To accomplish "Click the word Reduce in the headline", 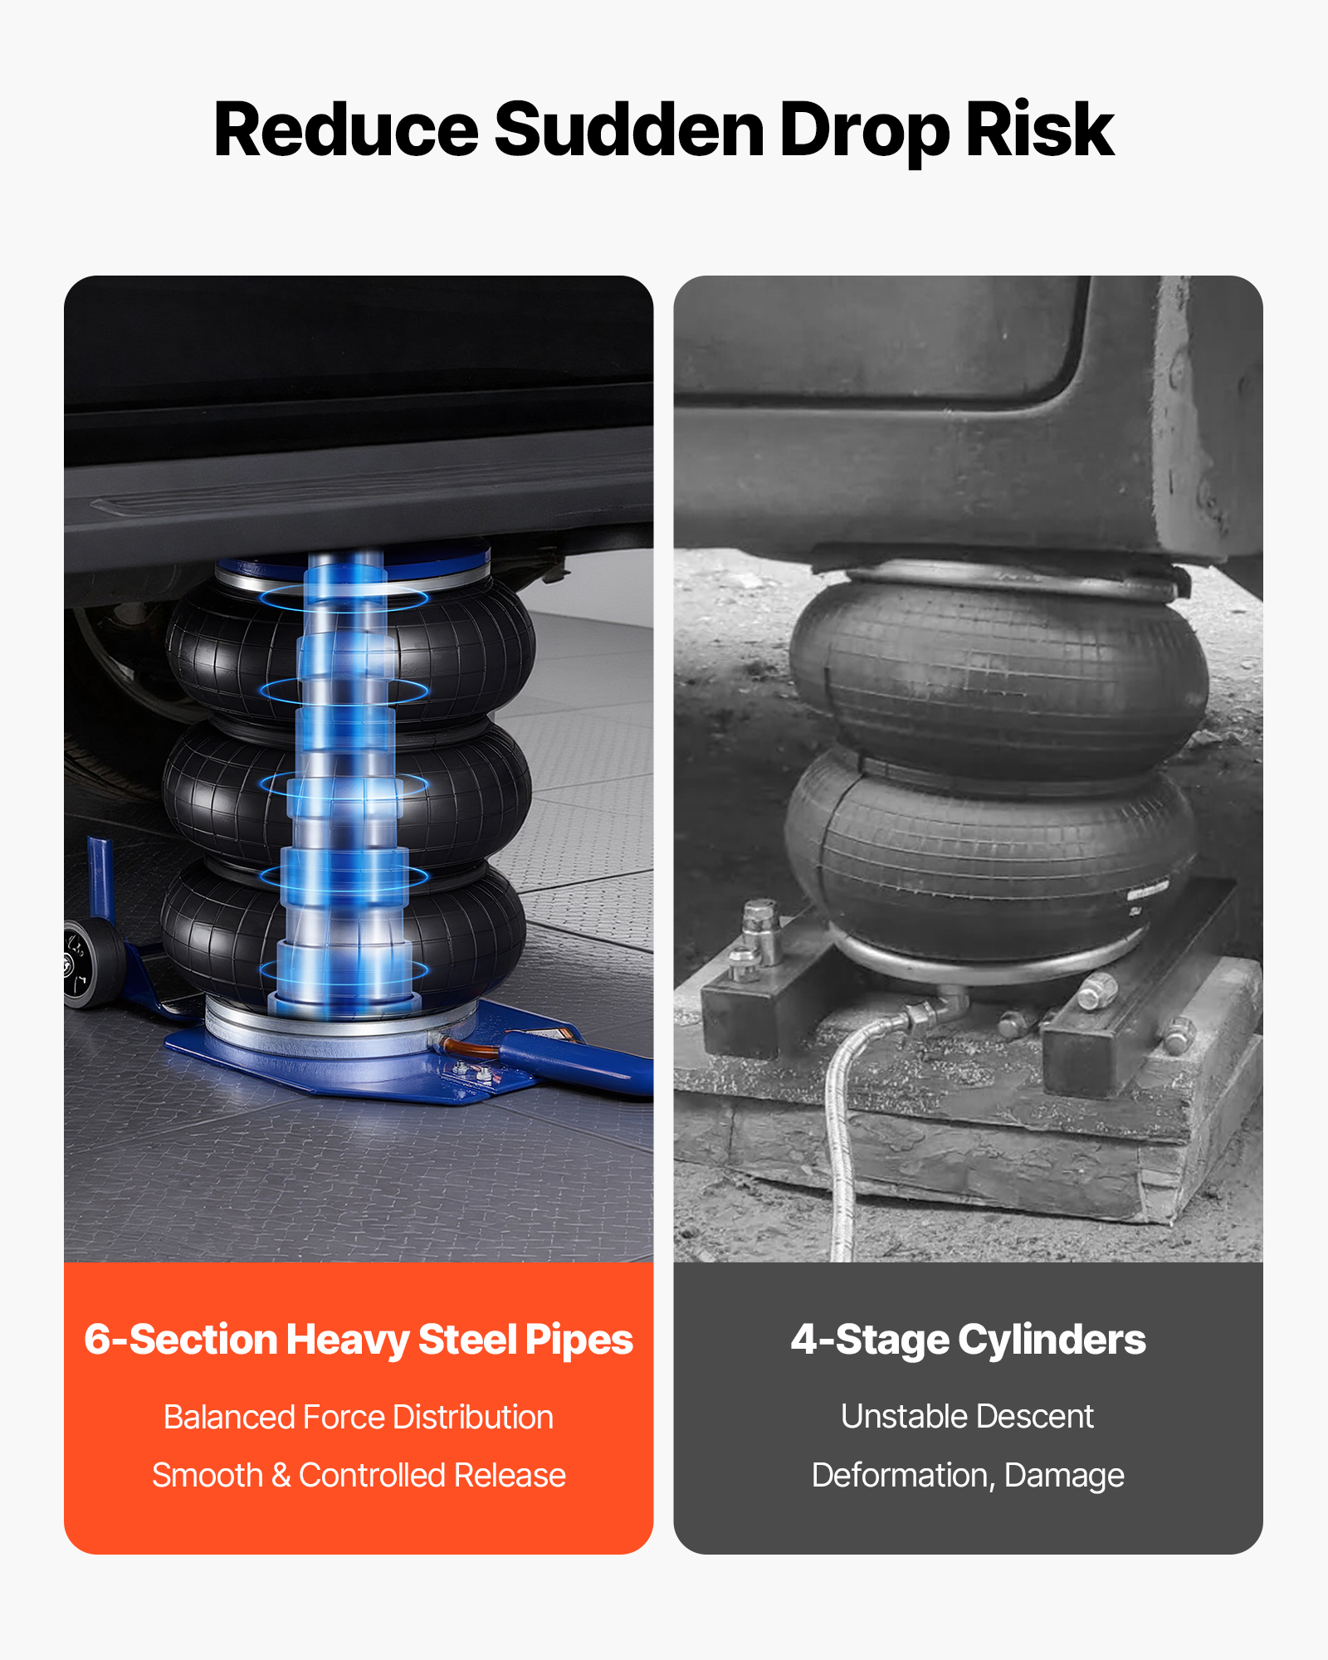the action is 346,130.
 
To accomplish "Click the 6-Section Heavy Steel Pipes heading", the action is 359,1340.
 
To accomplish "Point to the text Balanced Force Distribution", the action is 359,1417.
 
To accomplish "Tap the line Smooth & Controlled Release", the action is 359,1475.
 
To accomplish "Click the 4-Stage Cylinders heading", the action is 968,1340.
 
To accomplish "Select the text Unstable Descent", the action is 968,1416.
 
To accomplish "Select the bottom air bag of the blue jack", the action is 344,930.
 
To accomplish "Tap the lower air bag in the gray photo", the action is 992,863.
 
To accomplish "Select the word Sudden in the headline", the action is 629,130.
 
